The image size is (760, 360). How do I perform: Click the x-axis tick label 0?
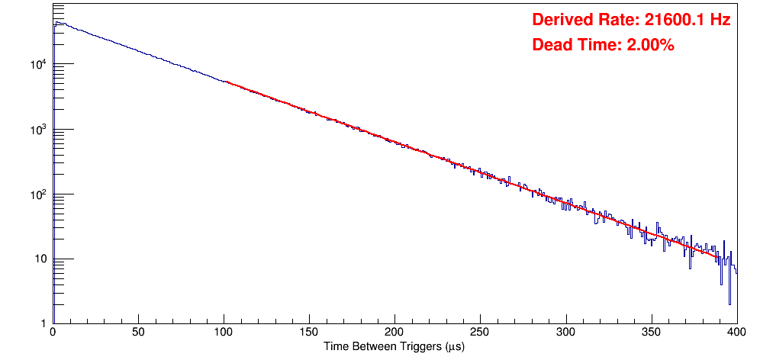[53, 333]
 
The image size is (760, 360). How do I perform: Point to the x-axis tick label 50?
[138, 333]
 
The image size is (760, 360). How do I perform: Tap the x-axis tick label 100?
[224, 333]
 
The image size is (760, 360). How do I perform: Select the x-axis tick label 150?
[309, 333]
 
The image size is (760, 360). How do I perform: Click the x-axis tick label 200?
[394, 333]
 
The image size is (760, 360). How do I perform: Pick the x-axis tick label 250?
[480, 333]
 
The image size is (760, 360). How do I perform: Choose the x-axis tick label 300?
[565, 333]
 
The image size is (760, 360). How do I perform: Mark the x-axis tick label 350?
[651, 333]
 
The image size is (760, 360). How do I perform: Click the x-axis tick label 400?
[734, 333]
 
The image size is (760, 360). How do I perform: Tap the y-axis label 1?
[44, 323]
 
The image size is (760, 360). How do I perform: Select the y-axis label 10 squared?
[40, 194]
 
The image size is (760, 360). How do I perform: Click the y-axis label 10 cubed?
[40, 129]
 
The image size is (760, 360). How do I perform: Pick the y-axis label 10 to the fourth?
[40, 64]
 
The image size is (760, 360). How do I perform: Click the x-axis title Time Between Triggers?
[394, 347]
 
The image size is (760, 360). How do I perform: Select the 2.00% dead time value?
[650, 46]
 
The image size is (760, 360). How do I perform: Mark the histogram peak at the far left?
[56, 23]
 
